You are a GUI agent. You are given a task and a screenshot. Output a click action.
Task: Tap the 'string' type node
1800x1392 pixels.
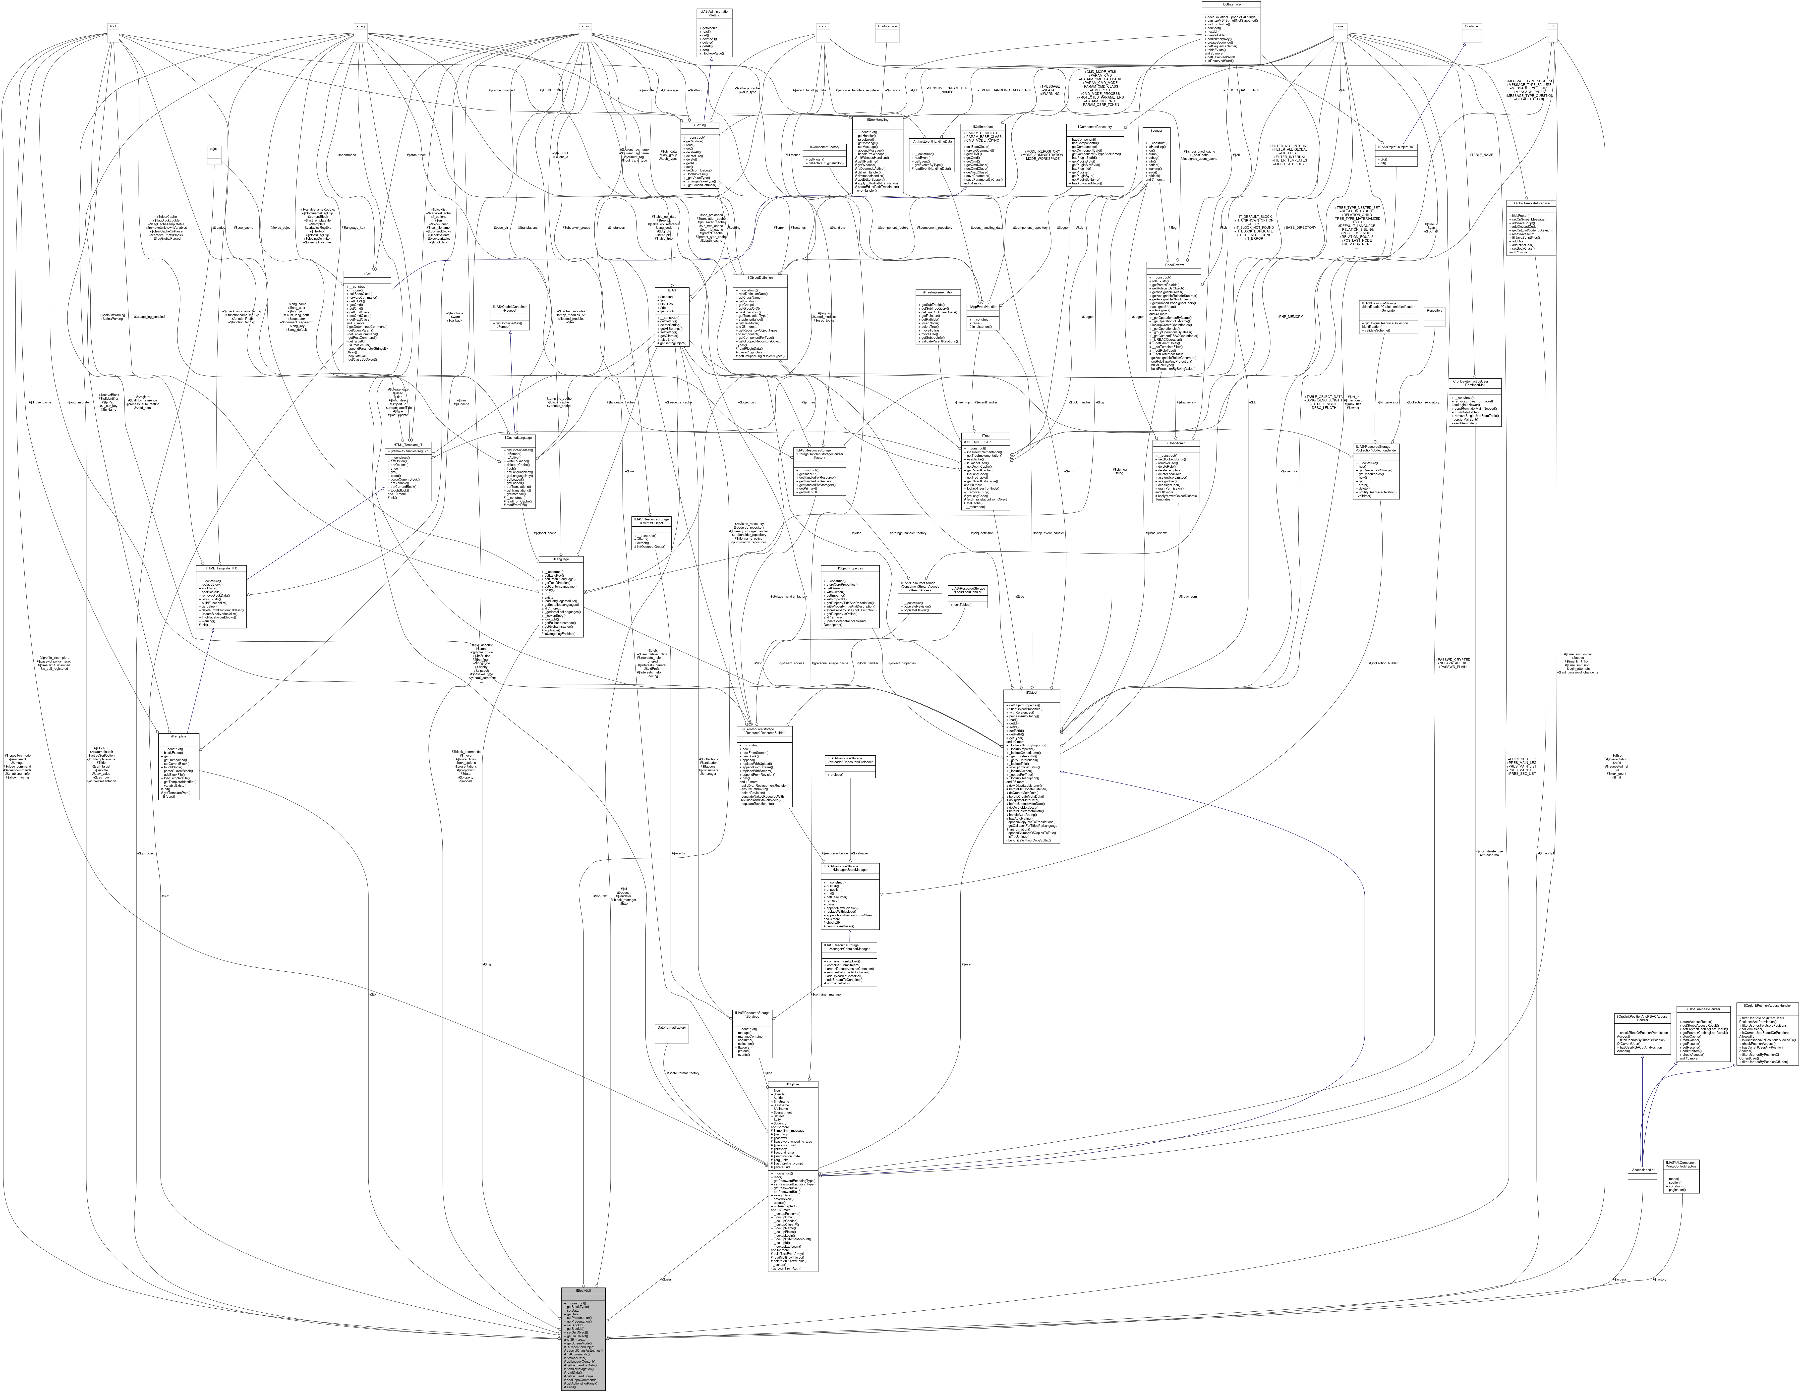[x=360, y=26]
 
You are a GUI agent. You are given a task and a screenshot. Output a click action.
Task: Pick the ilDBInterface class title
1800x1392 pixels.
[x=1230, y=3]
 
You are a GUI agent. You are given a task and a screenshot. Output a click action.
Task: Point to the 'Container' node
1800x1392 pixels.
[x=1471, y=26]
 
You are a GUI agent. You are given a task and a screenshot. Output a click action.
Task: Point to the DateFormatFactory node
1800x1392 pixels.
[x=671, y=1028]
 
